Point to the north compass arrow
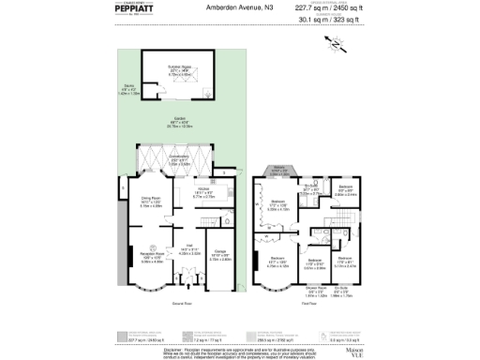pyautogui.click(x=334, y=43)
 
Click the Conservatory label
pyautogui.click(x=181, y=157)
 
